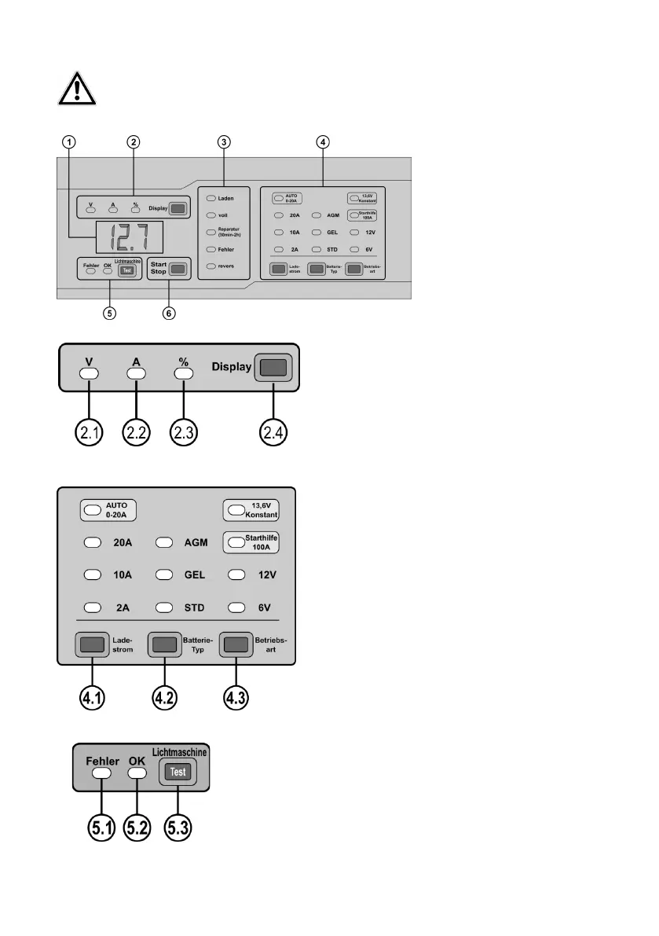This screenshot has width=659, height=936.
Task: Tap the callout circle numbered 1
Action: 71,142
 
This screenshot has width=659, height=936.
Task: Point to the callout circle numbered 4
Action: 323,142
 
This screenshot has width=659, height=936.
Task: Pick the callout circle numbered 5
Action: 109,313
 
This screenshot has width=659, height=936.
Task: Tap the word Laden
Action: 226,198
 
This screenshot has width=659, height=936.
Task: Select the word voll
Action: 223,214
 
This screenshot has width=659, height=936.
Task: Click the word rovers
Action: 226,266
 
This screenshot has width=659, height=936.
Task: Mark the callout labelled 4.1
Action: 93,697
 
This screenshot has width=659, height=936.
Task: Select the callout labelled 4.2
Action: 165,697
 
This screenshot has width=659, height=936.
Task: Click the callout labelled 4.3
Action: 238,697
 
